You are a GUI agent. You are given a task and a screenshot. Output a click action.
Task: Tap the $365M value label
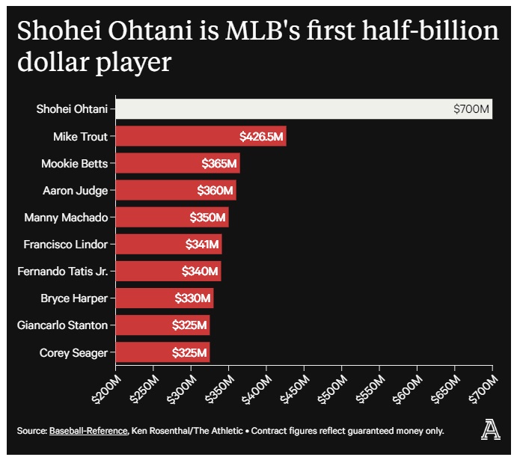[219, 163]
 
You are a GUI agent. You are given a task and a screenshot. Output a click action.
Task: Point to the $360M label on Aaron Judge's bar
[215, 190]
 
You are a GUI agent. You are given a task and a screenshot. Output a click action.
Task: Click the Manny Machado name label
[66, 218]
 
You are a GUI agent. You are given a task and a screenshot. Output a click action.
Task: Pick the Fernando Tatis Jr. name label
[62, 271]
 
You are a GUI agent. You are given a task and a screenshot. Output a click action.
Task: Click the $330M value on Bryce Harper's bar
[193, 298]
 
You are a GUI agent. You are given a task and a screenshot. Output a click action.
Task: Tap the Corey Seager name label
[73, 352]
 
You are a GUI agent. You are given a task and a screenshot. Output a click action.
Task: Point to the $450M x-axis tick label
[294, 388]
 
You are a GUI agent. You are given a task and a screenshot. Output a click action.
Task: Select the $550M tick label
[370, 388]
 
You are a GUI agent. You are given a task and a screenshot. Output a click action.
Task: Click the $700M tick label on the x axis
[483, 388]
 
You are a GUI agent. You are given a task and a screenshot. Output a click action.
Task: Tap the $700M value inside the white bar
[471, 110]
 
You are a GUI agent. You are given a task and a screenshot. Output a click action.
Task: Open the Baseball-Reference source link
[88, 431]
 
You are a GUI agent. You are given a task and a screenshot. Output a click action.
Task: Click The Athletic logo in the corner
[491, 430]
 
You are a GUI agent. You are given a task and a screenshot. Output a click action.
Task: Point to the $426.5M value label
[261, 136]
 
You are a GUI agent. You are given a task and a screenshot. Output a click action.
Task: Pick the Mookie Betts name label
[75, 163]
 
